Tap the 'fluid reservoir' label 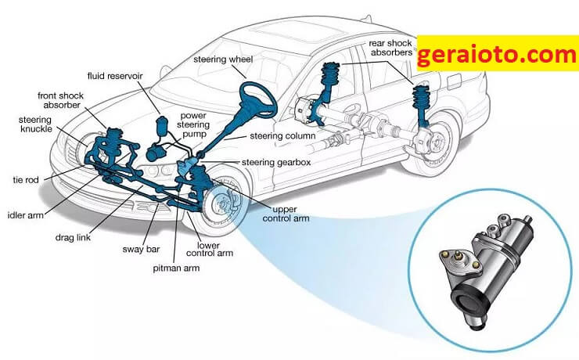point(115,76)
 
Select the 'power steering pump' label point(193,124)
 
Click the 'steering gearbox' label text point(276,162)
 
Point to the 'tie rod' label point(26,180)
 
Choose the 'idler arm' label point(26,215)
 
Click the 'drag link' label point(73,237)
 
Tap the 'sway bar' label point(141,249)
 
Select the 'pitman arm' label point(176,268)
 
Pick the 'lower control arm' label point(210,249)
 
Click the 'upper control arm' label point(286,214)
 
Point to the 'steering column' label point(283,136)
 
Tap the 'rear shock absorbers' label point(391,48)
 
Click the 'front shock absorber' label point(61,100)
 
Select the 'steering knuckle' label point(36,124)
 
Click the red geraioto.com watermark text point(497,54)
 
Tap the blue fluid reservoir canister point(162,126)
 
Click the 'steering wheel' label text point(223,59)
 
